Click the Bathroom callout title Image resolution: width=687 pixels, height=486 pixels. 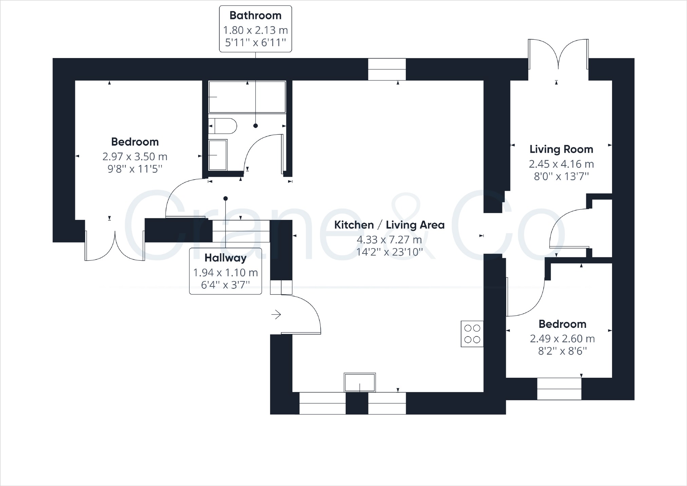coord(255,16)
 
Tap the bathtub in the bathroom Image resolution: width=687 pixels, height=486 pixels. coord(247,97)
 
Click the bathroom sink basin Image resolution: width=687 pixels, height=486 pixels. coord(218,155)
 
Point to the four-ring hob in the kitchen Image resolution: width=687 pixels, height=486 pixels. coord(472,334)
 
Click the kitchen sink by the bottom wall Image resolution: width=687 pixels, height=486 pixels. coord(360,382)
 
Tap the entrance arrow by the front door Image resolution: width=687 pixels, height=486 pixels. coord(276,315)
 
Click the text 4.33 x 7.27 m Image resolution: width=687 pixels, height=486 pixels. coord(389,240)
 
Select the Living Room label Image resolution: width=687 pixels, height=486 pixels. coord(561,149)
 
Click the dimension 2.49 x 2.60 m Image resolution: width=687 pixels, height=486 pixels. coord(562,339)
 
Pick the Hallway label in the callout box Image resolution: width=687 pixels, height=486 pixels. coord(225,258)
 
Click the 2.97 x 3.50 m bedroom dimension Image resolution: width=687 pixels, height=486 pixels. coord(135,156)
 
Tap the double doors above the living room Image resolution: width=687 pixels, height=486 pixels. coord(558,54)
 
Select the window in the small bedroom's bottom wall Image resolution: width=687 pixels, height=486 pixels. coord(559,389)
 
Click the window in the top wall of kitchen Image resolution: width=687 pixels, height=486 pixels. coord(387,69)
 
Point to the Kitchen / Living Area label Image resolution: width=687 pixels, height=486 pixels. coord(389,225)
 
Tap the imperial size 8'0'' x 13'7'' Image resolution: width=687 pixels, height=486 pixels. coord(561,176)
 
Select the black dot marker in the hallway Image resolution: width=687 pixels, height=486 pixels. coord(225,199)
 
